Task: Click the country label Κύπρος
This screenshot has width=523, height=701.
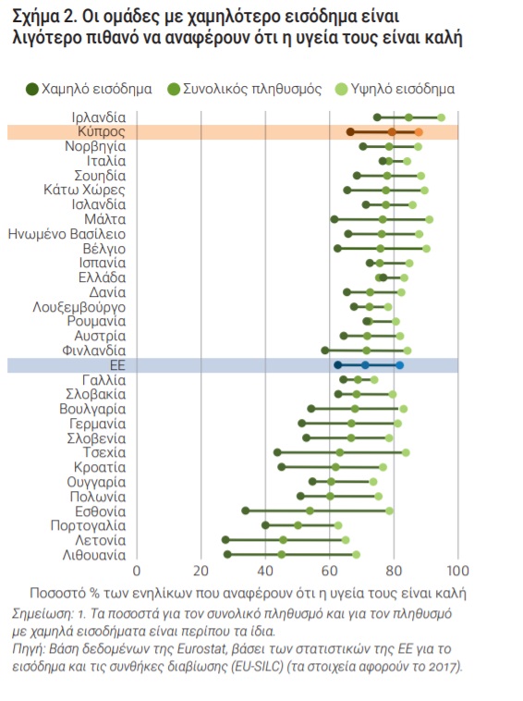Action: (102, 131)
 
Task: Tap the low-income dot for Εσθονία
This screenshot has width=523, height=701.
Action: (245, 510)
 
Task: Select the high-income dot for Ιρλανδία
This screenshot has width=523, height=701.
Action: (441, 117)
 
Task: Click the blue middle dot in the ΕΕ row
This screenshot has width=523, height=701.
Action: (365, 365)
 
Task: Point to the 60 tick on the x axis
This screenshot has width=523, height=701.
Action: (330, 571)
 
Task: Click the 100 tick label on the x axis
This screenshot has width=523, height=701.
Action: (457, 571)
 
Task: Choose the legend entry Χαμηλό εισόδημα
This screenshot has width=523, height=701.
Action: (90, 89)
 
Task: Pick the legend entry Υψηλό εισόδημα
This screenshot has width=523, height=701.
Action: (395, 89)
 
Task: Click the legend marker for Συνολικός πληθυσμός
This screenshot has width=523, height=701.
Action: (174, 90)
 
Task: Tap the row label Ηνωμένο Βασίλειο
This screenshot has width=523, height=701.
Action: (67, 234)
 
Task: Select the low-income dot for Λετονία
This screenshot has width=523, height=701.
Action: (225, 540)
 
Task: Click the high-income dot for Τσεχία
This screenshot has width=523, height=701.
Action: (406, 452)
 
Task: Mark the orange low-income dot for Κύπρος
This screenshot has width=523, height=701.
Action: (350, 132)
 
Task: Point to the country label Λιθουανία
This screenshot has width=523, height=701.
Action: (94, 555)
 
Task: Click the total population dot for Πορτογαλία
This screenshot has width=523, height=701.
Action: (298, 525)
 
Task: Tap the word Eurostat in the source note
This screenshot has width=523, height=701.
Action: (201, 648)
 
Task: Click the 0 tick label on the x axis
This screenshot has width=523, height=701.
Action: (137, 571)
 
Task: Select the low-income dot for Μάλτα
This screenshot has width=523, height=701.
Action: (334, 219)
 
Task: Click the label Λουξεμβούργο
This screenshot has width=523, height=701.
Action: (79, 307)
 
